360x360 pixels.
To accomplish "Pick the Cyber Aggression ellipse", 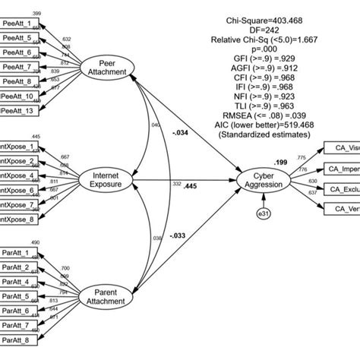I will point(263,181).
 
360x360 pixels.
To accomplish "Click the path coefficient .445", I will point(190,187).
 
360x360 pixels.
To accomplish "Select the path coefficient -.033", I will point(178,235).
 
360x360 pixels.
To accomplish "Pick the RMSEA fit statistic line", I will point(262,117).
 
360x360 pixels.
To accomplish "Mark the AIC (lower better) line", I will point(262,126).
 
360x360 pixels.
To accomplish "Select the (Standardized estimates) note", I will point(262,135).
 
